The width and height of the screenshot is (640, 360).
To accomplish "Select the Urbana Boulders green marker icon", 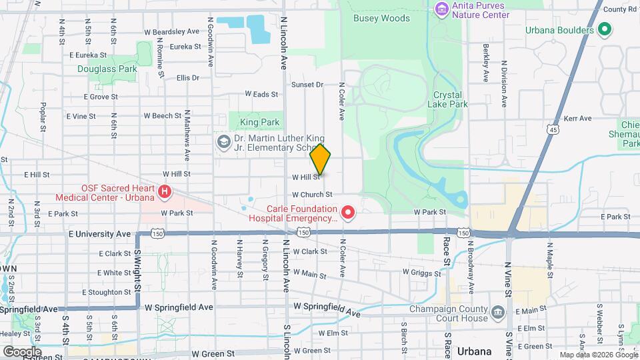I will (x=605, y=30).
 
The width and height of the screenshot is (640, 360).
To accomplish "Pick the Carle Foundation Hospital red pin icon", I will (x=347, y=213).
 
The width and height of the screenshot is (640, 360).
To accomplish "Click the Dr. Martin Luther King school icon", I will (x=223, y=142).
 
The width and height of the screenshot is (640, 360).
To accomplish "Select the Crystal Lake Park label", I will (x=450, y=99).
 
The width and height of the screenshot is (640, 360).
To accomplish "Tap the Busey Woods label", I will (x=372, y=19).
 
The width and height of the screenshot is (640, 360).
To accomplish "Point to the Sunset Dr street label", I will (x=307, y=85).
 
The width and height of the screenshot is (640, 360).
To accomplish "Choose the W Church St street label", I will (x=311, y=195).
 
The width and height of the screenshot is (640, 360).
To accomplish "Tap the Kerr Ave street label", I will (x=577, y=119).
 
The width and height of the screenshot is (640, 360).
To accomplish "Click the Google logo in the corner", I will (x=21, y=351).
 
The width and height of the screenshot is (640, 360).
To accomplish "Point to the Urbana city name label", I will (x=475, y=351).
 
